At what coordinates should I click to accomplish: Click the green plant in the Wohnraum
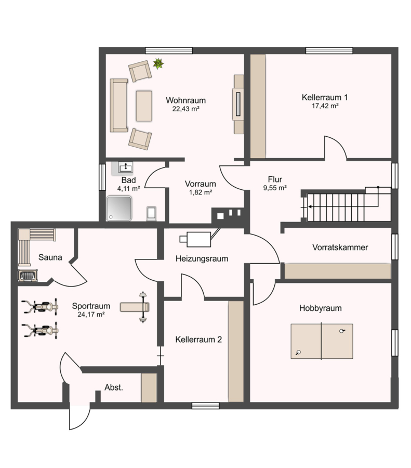click(x=158, y=63)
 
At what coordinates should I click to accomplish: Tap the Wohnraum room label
click(x=186, y=100)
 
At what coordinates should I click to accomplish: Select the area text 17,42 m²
click(x=325, y=106)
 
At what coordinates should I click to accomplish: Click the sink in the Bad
click(x=126, y=167)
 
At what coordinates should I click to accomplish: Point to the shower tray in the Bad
click(x=120, y=209)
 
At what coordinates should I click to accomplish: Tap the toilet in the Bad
click(x=152, y=214)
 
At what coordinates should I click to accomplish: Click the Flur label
click(x=275, y=179)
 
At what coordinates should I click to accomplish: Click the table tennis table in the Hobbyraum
click(x=322, y=341)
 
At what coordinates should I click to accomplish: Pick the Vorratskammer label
click(x=340, y=248)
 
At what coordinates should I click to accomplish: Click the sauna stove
click(x=28, y=276)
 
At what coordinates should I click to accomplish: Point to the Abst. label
click(x=114, y=387)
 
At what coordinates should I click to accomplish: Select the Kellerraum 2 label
click(x=198, y=340)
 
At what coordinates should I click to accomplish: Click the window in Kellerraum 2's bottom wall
click(x=206, y=406)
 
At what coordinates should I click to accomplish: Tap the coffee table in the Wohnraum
click(x=144, y=106)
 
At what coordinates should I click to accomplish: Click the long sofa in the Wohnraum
click(x=118, y=106)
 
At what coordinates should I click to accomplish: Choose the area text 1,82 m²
click(x=201, y=192)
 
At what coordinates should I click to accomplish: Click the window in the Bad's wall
click(x=102, y=177)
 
